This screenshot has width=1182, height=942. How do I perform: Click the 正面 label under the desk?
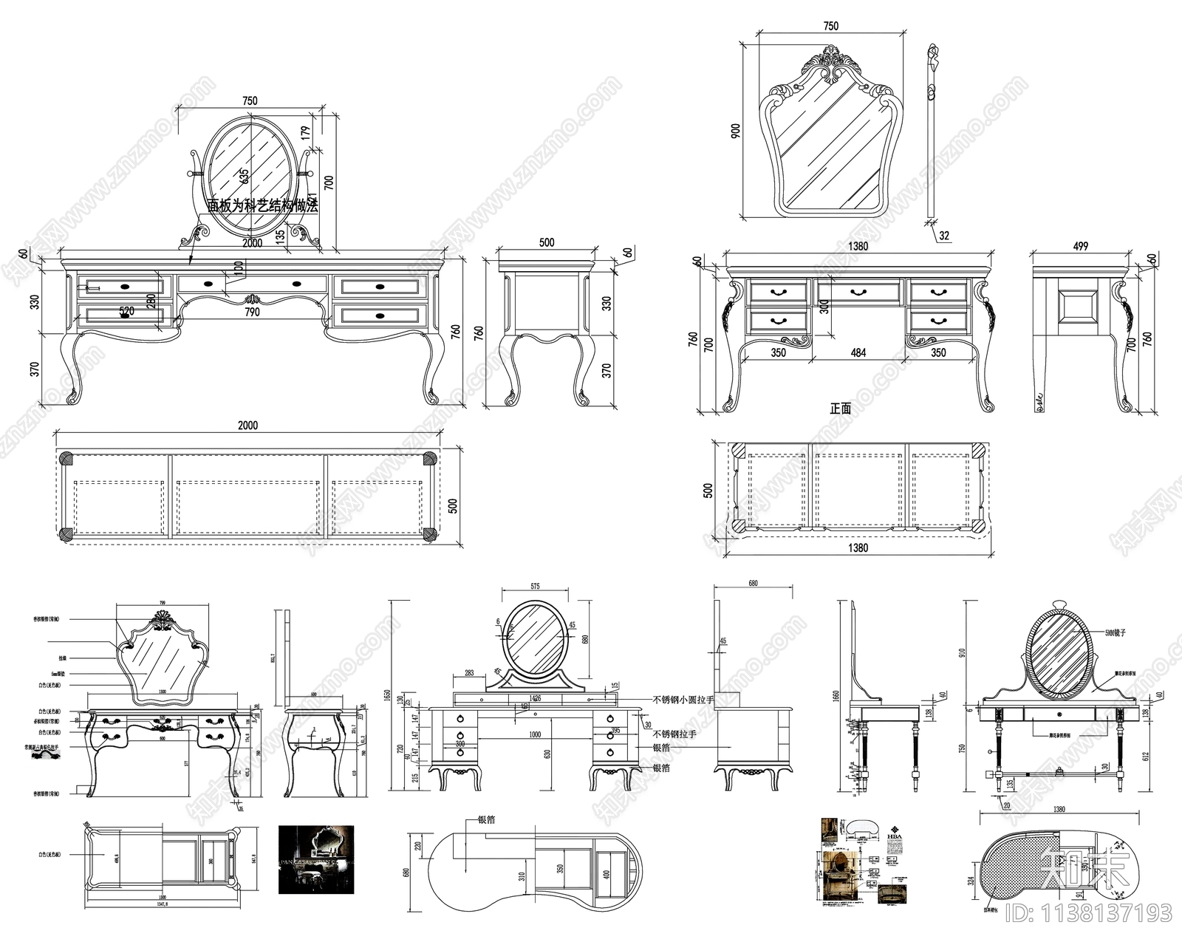840,408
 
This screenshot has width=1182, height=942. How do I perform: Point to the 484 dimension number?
858,353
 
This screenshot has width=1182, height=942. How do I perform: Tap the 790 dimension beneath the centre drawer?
252,312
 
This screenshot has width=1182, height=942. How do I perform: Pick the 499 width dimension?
1080,247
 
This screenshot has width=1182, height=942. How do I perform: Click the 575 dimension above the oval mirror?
535,586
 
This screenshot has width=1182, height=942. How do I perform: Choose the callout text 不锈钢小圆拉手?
683,699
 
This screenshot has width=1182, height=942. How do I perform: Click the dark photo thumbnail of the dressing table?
316,859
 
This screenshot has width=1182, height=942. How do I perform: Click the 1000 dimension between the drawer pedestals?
535,735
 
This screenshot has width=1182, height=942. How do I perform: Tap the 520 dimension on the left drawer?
126,312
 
